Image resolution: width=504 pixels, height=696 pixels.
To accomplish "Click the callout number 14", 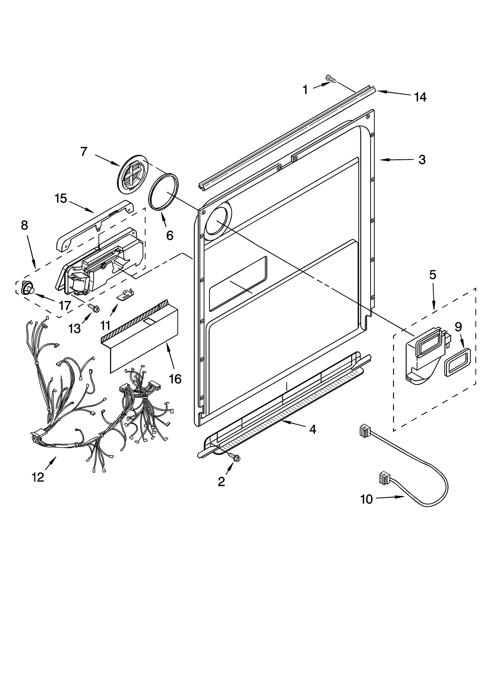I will pyautogui.click(x=420, y=97).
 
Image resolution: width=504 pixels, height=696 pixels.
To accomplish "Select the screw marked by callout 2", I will pyautogui.click(x=234, y=457).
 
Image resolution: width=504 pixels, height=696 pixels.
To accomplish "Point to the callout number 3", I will pyautogui.click(x=422, y=160).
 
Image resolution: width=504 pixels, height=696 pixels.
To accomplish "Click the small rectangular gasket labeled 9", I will pyautogui.click(x=455, y=362).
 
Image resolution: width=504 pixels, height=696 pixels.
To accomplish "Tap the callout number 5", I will pyautogui.click(x=432, y=275).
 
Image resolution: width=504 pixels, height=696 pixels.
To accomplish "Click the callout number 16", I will pyautogui.click(x=175, y=379).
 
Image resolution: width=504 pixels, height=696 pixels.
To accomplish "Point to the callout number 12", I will pyautogui.click(x=38, y=477).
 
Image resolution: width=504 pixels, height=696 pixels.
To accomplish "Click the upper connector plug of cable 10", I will pyautogui.click(x=364, y=430).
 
